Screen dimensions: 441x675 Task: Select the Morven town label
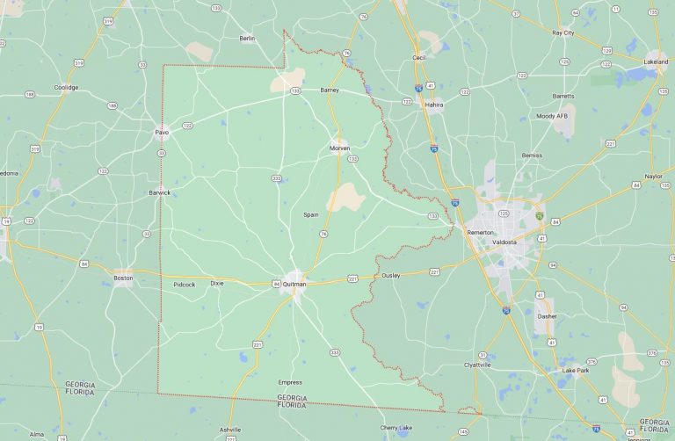339,148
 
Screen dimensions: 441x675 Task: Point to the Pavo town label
162,133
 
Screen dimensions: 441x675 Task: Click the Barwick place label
160,192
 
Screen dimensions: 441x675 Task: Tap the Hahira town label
434,104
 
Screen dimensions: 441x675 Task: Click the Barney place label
330,90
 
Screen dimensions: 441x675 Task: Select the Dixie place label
217,284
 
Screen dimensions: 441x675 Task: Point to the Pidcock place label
185,284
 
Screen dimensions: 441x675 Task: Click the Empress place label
290,382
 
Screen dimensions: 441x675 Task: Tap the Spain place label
311,214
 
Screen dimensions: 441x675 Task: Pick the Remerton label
480,232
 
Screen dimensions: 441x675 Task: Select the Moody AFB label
552,116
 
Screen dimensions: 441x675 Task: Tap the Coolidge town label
66,87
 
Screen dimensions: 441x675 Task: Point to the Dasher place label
546,315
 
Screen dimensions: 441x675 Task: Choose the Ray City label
562,33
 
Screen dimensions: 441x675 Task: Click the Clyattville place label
477,365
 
